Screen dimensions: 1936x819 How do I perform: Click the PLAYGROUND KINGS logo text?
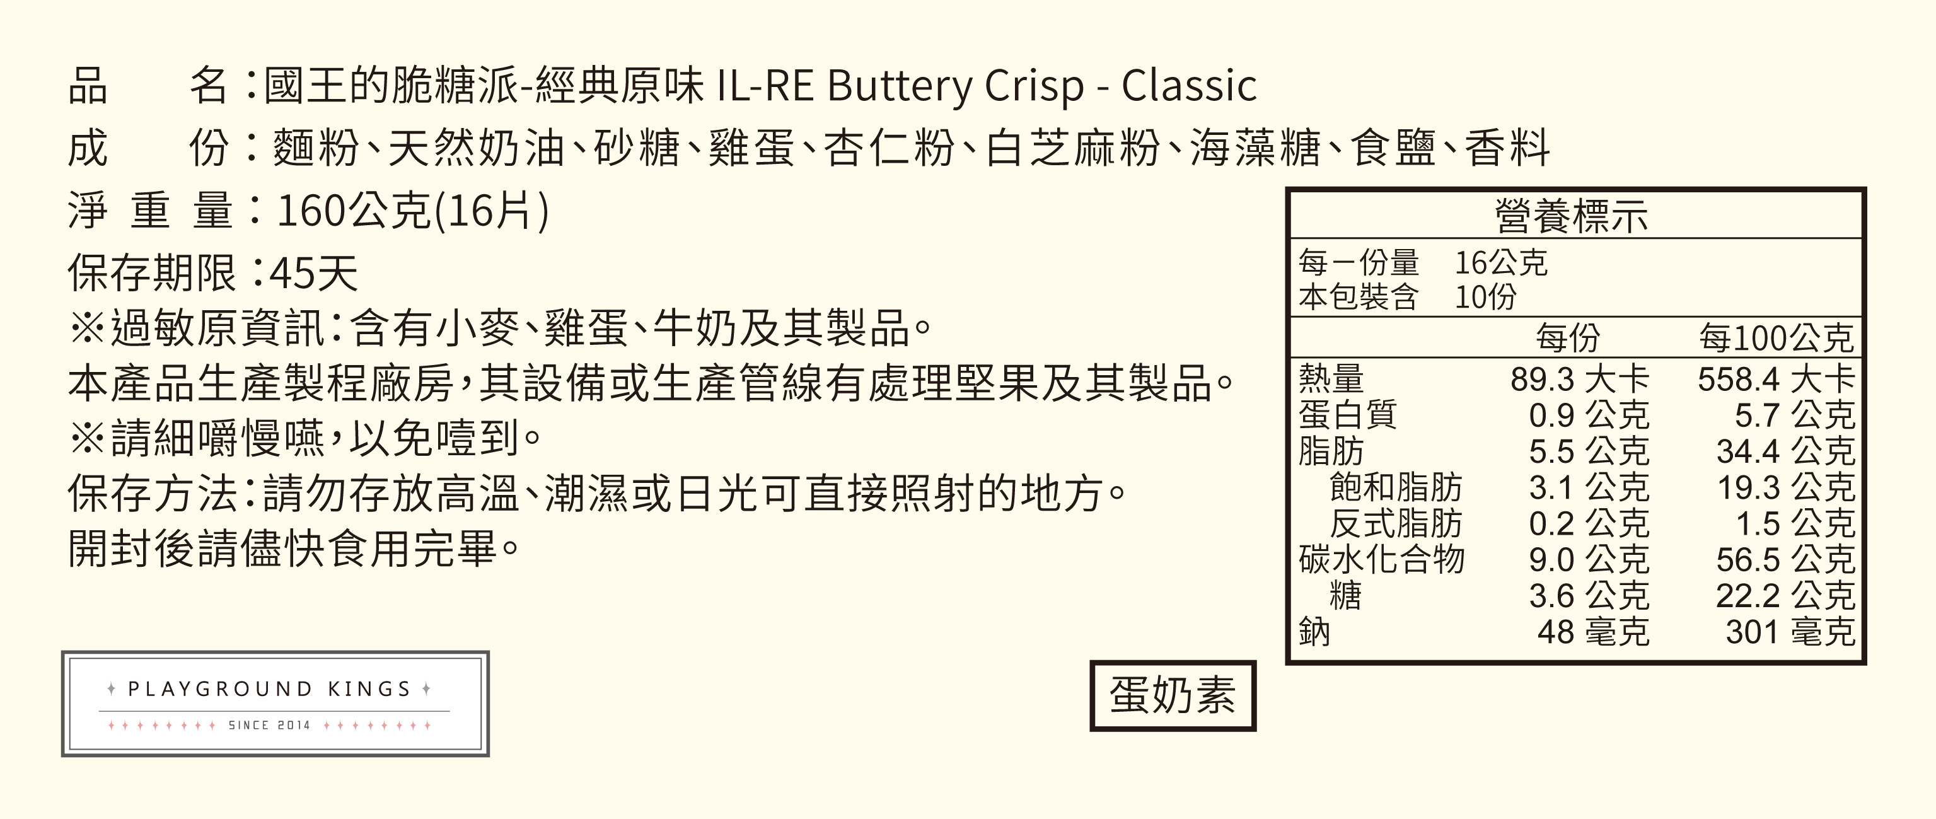click(269, 689)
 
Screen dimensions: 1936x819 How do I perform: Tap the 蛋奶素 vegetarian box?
click(1173, 695)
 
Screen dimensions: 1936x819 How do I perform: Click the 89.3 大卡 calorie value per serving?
click(1579, 380)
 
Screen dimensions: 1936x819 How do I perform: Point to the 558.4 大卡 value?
click(1775, 380)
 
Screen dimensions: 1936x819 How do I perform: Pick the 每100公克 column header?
click(1776, 338)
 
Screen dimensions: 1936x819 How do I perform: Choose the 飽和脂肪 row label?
click(1395, 487)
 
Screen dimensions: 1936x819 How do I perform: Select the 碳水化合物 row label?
click(1381, 560)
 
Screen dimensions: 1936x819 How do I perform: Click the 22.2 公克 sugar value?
click(1785, 596)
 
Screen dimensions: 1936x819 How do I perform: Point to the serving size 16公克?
click(1501, 263)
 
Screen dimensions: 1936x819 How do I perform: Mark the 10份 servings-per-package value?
click(1485, 298)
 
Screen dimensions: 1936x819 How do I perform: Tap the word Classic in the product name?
click(1189, 86)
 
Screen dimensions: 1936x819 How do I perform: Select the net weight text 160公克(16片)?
click(412, 211)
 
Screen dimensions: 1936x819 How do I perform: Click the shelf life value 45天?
click(313, 273)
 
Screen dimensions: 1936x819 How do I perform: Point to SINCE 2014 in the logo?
click(269, 725)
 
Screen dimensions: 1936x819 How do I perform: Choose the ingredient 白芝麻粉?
click(1072, 148)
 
